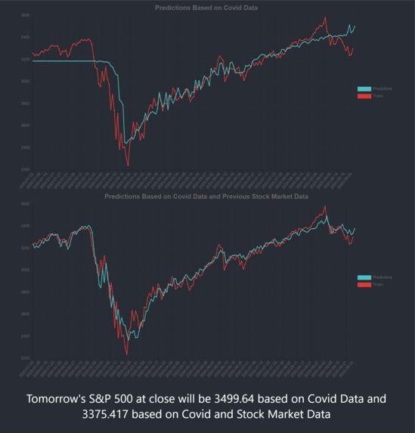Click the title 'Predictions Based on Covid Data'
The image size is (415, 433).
point(206,7)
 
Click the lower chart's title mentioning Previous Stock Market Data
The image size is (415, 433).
point(206,196)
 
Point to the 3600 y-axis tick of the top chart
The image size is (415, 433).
point(26,15)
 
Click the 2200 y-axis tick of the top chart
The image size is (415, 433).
point(26,169)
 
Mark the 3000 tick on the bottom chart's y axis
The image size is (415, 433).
point(26,270)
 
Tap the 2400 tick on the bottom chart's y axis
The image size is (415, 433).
point(26,336)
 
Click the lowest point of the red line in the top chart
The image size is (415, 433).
point(127,165)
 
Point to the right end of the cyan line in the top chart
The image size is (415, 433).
point(354,26)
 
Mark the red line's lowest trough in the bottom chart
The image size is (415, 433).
point(126,354)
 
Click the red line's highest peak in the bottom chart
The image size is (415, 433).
point(325,206)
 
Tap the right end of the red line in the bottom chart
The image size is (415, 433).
point(353,237)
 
